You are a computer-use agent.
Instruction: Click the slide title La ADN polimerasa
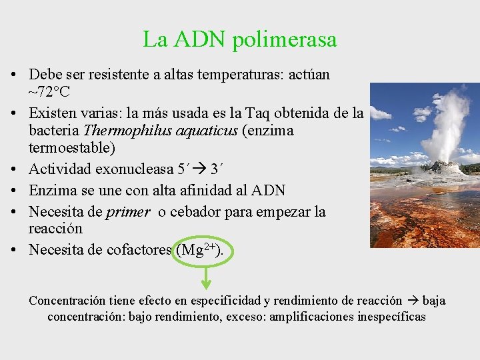239,39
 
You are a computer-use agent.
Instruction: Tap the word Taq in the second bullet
260,114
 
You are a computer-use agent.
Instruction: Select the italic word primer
127,212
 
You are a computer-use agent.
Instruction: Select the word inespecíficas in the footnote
387,317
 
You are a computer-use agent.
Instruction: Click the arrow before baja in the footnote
413,301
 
